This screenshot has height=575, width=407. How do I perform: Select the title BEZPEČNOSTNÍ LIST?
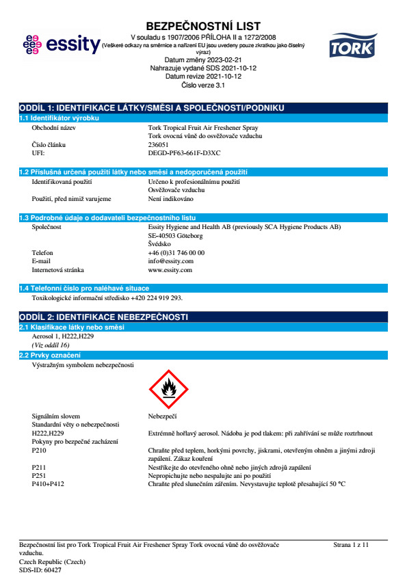click(x=203, y=26)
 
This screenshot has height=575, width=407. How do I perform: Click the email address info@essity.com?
click(x=170, y=260)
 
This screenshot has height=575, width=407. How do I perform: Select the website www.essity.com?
click(x=170, y=269)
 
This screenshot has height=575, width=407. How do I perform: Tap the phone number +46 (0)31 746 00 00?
click(x=176, y=252)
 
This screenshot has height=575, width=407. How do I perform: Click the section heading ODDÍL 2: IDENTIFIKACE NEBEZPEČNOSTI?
click(x=103, y=317)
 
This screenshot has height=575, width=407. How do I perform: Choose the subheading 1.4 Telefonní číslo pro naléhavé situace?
click(x=84, y=289)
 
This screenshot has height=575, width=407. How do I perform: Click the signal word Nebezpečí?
click(x=163, y=416)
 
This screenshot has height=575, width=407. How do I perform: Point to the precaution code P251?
click(x=40, y=474)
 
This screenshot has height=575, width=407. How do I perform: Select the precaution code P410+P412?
click(x=51, y=483)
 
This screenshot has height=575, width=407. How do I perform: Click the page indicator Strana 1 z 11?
click(x=351, y=544)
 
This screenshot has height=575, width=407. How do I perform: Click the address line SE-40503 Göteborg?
click(x=175, y=235)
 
